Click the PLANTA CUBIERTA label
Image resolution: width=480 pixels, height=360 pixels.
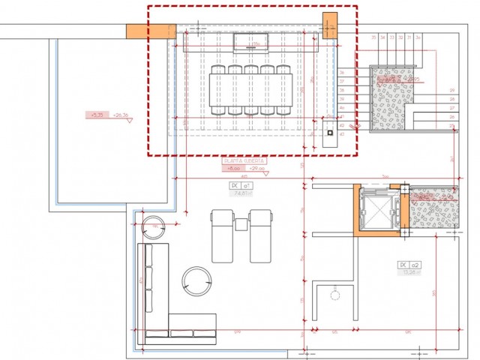tap(244, 160)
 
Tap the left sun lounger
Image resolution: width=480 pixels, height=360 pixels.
tap(223, 235)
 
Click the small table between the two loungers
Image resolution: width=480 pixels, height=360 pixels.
tap(241, 223)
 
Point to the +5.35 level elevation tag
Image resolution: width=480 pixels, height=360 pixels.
tap(97, 115)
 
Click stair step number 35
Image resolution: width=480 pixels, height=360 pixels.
tap(373, 37)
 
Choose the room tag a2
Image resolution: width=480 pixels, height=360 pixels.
tap(409, 265)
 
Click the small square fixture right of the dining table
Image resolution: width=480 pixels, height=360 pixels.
tap(328, 136)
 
